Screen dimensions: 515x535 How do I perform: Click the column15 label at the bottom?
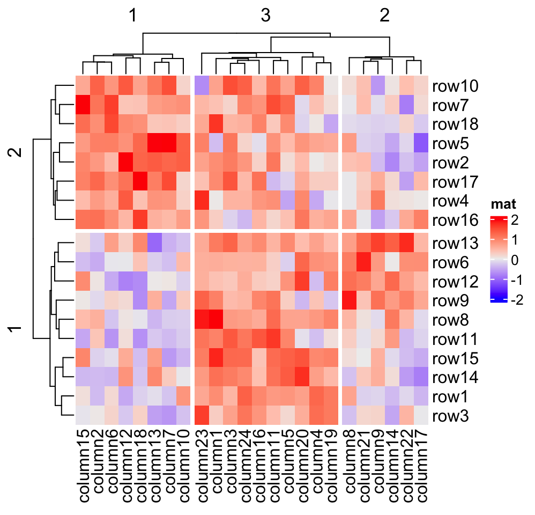[83, 467]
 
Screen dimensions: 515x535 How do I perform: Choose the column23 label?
[202, 467]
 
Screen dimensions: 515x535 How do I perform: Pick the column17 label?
[421, 467]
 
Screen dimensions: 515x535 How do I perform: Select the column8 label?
[350, 465]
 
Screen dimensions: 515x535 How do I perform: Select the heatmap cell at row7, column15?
[83, 105]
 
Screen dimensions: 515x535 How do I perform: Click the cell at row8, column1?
[217, 320]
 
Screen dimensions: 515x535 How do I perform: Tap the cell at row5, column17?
[421, 144]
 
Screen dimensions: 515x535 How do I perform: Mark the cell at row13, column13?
[155, 243]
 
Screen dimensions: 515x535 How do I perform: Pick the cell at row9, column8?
[350, 301]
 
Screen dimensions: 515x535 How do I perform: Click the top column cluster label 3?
[265, 16]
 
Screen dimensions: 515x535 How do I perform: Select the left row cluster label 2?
[17, 153]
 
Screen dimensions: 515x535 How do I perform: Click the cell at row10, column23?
[202, 86]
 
